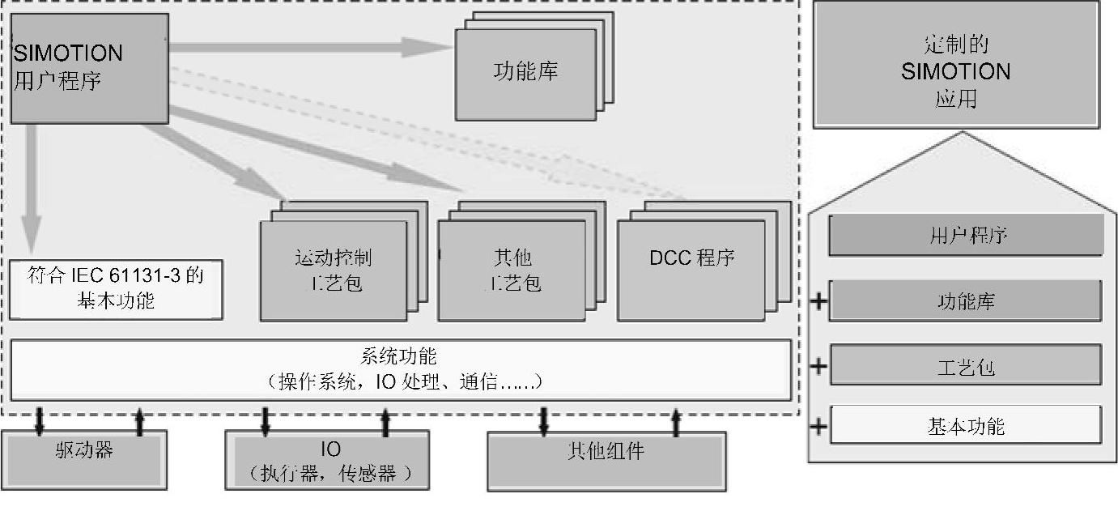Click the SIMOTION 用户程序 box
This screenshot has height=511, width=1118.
tap(89, 68)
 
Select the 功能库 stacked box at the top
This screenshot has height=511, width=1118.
tap(526, 72)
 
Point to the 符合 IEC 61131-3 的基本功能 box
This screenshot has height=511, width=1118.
tap(115, 289)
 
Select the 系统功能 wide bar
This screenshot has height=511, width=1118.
tap(400, 368)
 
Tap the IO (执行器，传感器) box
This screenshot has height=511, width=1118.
tap(327, 460)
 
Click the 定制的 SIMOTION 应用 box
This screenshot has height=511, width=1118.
tap(956, 71)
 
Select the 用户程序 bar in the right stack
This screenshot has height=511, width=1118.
tap(967, 236)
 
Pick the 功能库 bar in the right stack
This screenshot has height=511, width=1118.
tap(966, 301)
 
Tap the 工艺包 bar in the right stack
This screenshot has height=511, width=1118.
tap(966, 366)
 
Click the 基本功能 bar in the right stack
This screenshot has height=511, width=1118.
tap(966, 425)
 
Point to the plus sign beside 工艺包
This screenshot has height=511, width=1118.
tap(819, 366)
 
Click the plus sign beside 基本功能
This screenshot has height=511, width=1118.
tap(819, 426)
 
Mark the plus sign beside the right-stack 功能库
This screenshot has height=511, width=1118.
tap(819, 302)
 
